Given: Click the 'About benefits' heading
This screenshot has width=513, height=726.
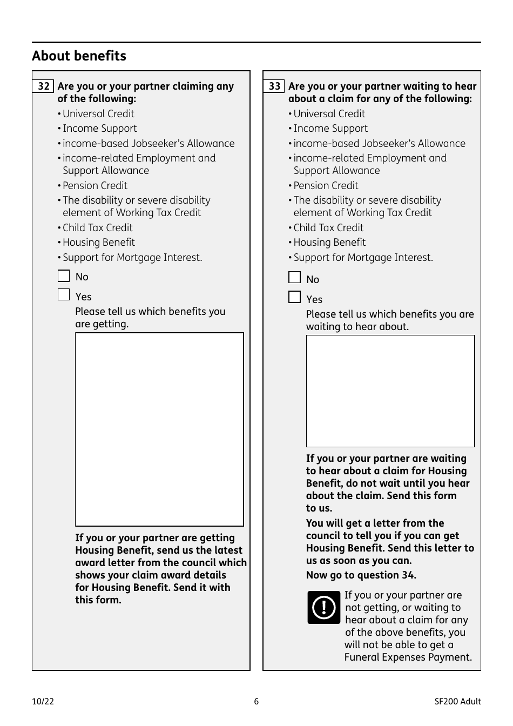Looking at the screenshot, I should click(79, 56).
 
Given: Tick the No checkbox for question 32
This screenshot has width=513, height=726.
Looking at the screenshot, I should click(64, 276).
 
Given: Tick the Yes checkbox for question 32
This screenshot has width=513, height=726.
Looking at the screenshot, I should click(64, 295).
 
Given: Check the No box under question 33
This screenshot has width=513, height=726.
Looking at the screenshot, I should click(294, 278).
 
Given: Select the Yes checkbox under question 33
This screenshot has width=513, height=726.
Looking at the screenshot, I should click(294, 297).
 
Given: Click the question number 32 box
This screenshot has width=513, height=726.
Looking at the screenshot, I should click(43, 86).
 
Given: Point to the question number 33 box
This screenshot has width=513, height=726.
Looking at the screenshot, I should click(274, 86).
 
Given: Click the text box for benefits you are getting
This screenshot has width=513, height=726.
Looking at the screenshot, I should click(159, 429).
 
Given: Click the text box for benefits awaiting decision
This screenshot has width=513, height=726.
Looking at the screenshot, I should click(390, 391).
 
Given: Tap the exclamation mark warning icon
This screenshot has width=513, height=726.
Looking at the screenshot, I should click(323, 608).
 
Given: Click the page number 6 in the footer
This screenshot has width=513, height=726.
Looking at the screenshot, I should click(256, 702).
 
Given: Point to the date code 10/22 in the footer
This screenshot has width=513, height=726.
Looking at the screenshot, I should click(43, 702).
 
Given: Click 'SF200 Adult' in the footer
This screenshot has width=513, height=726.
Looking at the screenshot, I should click(457, 702).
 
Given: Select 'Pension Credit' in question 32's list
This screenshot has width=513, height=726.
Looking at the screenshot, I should click(95, 185).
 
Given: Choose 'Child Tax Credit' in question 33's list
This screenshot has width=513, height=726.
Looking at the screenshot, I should click(328, 227).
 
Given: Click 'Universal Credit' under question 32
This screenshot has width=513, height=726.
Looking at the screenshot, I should click(98, 113).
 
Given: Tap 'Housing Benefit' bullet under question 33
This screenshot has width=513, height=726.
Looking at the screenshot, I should click(329, 243).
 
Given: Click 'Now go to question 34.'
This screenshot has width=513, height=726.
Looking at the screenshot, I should click(361, 575).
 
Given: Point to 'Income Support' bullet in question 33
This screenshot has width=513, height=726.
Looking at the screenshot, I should click(330, 129).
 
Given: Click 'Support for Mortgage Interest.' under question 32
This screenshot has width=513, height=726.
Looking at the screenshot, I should click(132, 258).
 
